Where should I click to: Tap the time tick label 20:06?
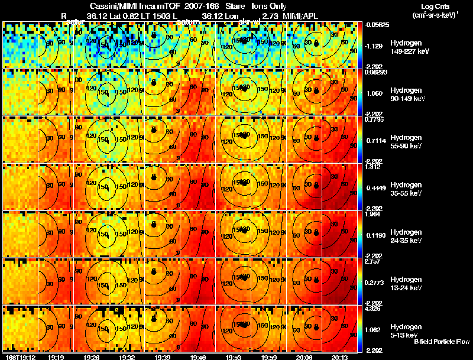[x=305, y=357]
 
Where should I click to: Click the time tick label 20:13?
[x=339, y=357]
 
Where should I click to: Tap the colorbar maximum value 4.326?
[x=375, y=308]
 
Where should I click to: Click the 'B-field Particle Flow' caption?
[x=441, y=342]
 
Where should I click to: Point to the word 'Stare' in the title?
[x=235, y=6]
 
